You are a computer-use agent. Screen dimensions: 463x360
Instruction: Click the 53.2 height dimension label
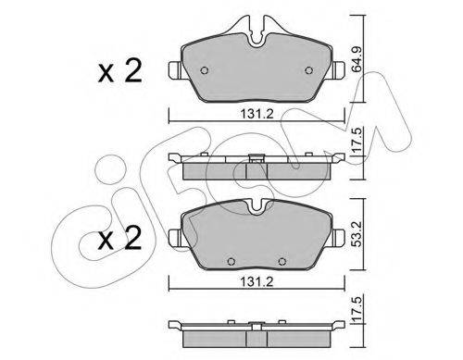(357, 233)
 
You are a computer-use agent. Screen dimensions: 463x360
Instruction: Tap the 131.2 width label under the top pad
(257, 115)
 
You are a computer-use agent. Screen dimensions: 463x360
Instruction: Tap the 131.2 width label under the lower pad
(257, 281)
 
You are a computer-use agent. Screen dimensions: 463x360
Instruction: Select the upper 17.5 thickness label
(357, 142)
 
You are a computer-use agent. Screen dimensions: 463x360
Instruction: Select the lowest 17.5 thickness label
(357, 308)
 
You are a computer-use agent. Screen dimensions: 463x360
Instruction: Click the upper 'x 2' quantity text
(119, 71)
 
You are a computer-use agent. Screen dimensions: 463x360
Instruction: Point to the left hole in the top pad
(205, 70)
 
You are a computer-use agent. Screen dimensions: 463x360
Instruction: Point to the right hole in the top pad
(308, 70)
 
